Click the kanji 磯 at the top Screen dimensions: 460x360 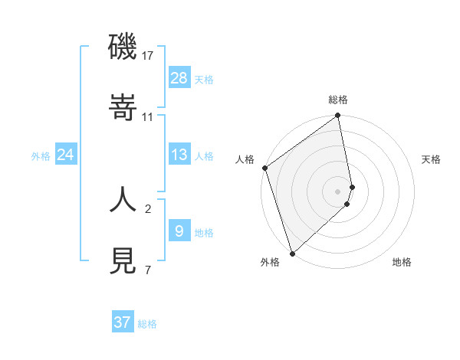pos(123,47)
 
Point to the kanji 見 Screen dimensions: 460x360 pos(123,261)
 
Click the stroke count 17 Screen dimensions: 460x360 pos(148,56)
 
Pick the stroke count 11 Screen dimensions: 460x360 pos(148,117)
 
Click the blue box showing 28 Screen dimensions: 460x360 pos(179,78)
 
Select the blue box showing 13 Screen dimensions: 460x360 pos(179,155)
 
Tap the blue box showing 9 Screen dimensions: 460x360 pos(179,231)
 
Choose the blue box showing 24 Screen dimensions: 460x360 pos(66,155)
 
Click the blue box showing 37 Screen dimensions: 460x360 pos(123,322)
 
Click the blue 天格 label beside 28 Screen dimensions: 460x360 pos(204,79)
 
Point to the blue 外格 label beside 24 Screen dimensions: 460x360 pos(41,155)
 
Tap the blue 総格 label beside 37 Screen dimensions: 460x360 pos(147,323)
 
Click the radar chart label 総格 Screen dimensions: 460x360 pos(338,100)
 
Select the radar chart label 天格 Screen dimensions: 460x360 pos(431,159)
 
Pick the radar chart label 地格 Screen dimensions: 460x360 pos(402,262)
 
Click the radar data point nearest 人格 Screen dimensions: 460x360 pos(264,168)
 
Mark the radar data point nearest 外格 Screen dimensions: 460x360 pos(292,253)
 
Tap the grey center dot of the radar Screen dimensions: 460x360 pos(338,191)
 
